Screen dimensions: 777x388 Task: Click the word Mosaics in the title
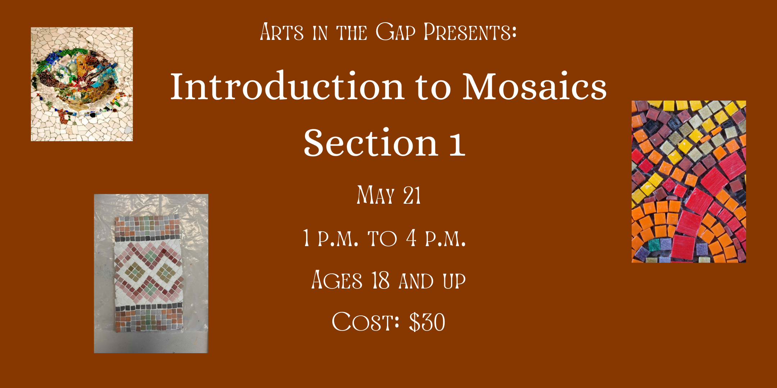[535, 86]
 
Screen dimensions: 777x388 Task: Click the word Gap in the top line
[395, 32]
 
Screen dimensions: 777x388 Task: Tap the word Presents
[470, 32]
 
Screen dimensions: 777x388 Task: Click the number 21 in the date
[412, 195]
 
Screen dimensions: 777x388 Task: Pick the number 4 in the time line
[411, 237]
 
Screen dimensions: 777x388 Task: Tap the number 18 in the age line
[381, 280]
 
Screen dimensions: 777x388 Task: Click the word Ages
[337, 280]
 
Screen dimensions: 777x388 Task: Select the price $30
[427, 322]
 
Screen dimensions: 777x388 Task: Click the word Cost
[365, 322]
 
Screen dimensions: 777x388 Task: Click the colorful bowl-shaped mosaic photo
[82, 84]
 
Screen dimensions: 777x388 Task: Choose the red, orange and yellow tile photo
[689, 181]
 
